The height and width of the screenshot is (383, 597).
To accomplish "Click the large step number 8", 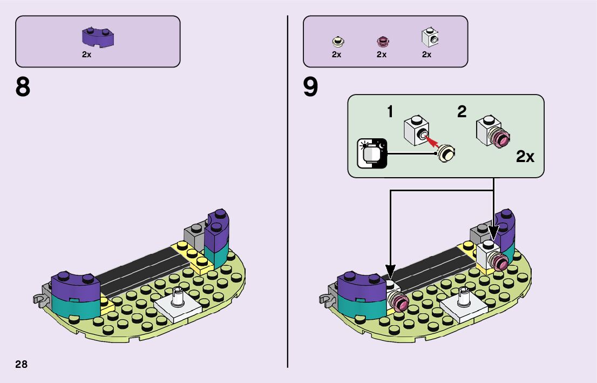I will [x=23, y=88].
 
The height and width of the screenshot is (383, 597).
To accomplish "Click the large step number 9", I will [x=310, y=88].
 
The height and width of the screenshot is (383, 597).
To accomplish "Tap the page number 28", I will [x=21, y=364].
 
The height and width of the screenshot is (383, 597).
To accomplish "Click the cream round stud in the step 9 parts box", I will [x=337, y=41].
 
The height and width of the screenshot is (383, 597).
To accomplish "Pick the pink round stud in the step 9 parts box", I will [x=382, y=41].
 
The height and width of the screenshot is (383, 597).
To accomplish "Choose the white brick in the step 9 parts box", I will [x=429, y=38].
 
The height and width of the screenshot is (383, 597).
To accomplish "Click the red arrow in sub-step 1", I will [x=431, y=142].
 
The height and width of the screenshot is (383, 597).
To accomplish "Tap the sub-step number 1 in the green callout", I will [x=390, y=112].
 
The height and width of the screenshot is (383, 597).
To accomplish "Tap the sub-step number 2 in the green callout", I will [x=462, y=112].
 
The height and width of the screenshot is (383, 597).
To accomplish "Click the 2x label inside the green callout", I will [x=525, y=157].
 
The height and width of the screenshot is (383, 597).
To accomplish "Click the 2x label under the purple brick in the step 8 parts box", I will [x=86, y=55].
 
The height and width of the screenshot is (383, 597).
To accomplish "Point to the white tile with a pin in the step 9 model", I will [x=463, y=306].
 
